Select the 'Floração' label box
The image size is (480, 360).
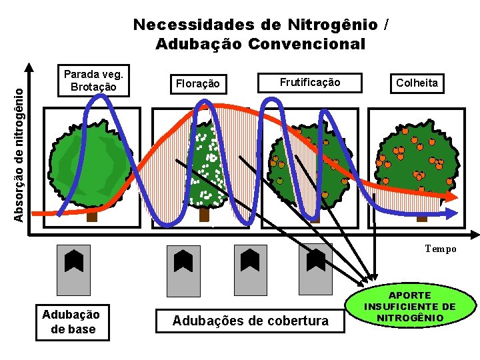(196, 83)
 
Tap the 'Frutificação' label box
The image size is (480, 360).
(309, 83)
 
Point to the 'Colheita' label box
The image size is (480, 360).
(417, 83)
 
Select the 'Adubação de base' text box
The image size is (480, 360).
(71, 322)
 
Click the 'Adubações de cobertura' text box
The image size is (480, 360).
(250, 321)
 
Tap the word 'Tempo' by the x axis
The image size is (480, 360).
(441, 249)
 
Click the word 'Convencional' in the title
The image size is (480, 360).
(307, 44)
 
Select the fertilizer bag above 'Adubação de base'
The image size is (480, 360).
(73, 269)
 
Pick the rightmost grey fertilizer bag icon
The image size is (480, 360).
(315, 269)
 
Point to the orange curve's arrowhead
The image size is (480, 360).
(453, 198)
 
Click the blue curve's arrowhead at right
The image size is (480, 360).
(455, 213)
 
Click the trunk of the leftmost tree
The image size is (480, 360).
(92, 216)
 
